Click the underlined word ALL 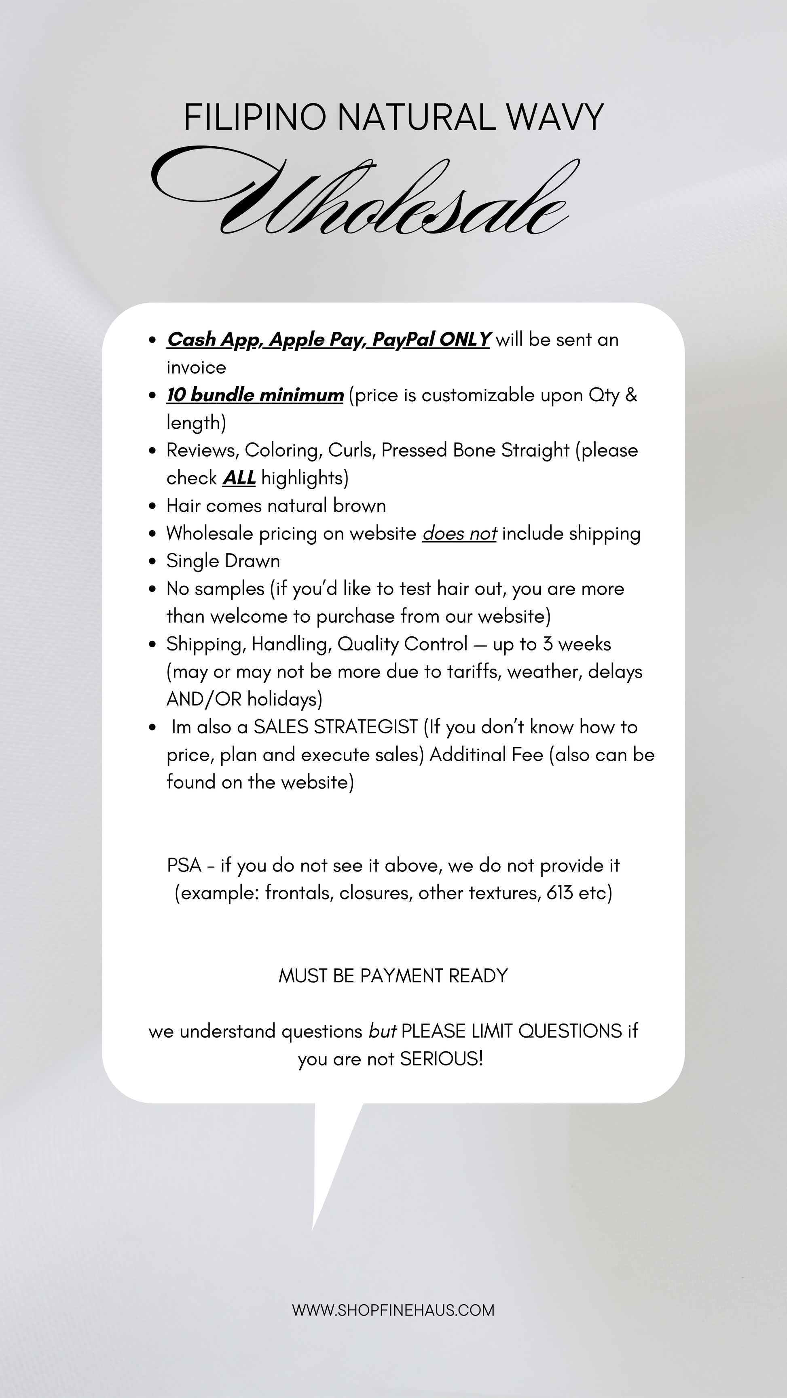point(239,478)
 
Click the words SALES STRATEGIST point(335,727)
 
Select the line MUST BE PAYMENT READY point(393,976)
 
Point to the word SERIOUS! point(441,1059)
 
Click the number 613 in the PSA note point(559,893)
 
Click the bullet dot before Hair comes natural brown point(152,506)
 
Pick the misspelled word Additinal point(462,754)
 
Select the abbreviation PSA point(184,865)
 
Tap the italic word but point(382,1031)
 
